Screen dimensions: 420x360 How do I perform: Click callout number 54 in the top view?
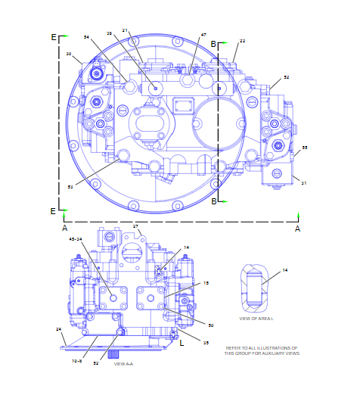pyautogui.click(x=86, y=36)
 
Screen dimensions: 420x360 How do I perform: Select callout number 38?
pyautogui.click(x=109, y=34)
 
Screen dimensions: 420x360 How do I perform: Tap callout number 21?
pyautogui.click(x=126, y=30)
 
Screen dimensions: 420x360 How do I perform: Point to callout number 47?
pyautogui.click(x=203, y=35)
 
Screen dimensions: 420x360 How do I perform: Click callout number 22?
pyautogui.click(x=243, y=41)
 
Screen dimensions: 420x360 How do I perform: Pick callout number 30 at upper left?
pyautogui.click(x=69, y=54)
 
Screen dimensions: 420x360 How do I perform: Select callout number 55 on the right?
pyautogui.click(x=305, y=148)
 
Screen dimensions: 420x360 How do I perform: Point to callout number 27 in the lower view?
pyautogui.click(x=136, y=227)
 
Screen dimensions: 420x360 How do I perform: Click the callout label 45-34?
pyautogui.click(x=76, y=239)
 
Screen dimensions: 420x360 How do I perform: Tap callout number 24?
pyautogui.click(x=58, y=329)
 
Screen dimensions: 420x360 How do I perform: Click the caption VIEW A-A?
pyautogui.click(x=123, y=364)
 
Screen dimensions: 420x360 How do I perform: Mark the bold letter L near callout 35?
pyautogui.click(x=182, y=342)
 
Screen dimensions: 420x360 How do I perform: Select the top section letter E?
pyautogui.click(x=53, y=36)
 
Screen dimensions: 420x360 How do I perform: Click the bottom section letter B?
pyautogui.click(x=213, y=201)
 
